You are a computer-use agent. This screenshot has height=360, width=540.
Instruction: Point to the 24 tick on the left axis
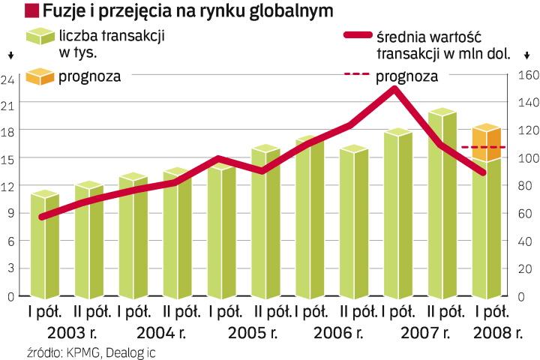pos(10,80)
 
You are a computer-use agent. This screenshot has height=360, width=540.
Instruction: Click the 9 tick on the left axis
pos(10,213)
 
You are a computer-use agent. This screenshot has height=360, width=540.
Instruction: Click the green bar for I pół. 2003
pos(44,247)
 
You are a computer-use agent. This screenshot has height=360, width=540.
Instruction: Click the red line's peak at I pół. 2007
pos(394,89)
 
